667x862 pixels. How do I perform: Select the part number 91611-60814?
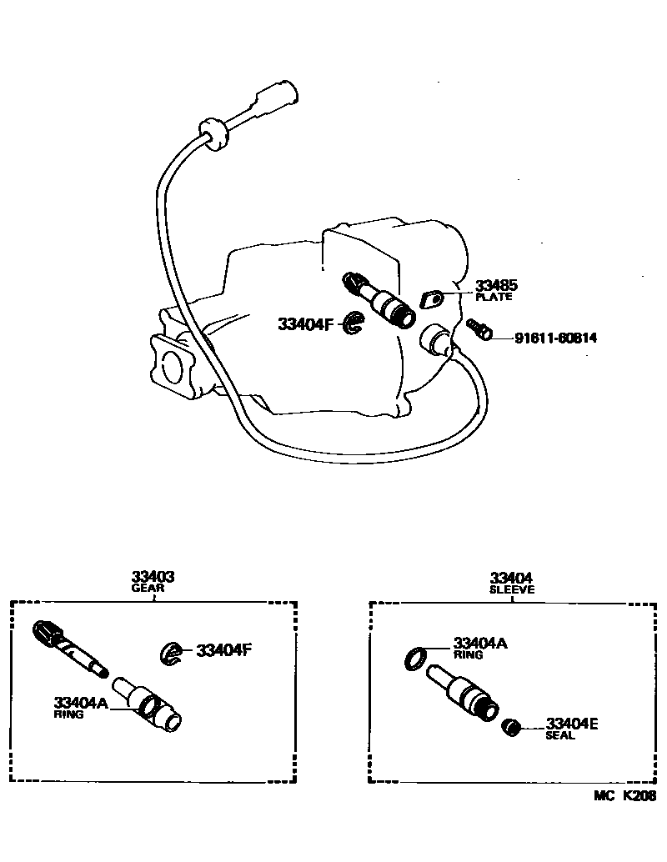(x=556, y=338)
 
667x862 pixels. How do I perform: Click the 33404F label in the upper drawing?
(x=306, y=324)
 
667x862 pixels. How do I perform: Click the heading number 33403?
(x=153, y=577)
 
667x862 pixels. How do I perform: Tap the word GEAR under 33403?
(x=148, y=588)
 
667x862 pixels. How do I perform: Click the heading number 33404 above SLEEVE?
(x=512, y=577)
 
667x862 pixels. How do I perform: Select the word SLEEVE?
(x=512, y=589)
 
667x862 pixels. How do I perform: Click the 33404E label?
(x=572, y=724)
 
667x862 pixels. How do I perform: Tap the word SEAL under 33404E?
(x=560, y=736)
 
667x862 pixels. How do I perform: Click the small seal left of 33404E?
(x=512, y=729)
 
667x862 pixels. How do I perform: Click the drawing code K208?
(x=639, y=796)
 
